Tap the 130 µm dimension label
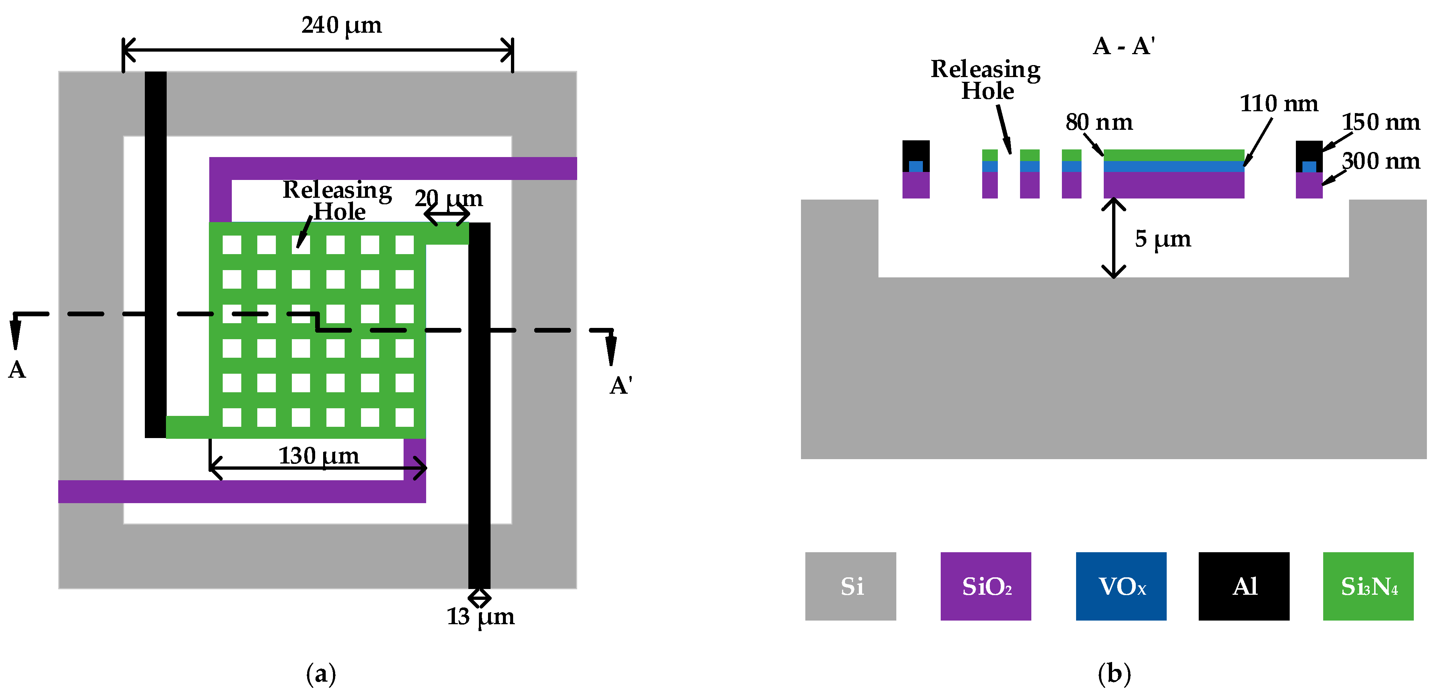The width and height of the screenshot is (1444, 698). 318,456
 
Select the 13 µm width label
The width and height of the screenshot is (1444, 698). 480,617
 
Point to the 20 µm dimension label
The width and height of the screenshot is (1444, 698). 448,198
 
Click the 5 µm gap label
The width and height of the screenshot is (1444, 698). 1163,239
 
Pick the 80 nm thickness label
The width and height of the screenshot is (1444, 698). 1099,122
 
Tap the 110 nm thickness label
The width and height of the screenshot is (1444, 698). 1279,104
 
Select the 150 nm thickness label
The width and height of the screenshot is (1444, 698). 1380,122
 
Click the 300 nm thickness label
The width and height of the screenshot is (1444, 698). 1380,161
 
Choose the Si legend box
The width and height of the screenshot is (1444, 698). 850,586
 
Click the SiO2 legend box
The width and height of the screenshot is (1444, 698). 985,586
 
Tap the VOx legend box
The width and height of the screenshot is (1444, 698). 1121,586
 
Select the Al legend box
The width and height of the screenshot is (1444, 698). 1244,586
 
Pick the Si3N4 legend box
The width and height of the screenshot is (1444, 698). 1368,586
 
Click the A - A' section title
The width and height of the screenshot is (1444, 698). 1123,46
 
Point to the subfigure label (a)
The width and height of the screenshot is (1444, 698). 321,673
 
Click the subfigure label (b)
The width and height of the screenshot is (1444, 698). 1114,673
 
